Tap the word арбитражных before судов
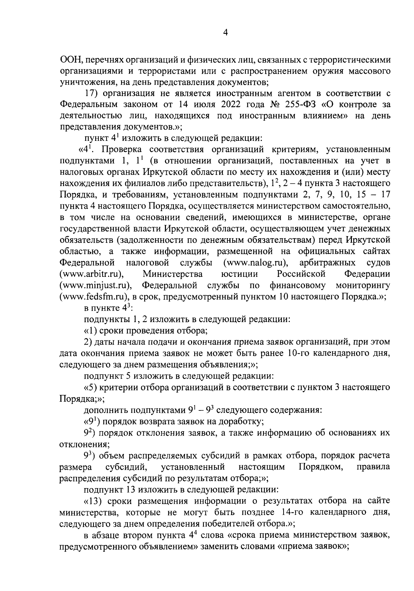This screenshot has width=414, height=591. click(327, 263)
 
